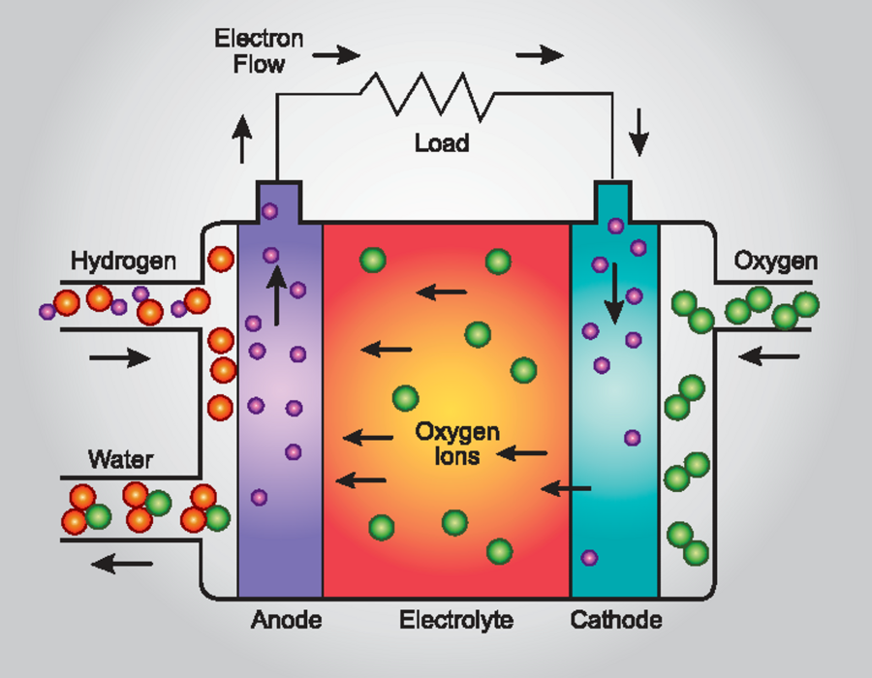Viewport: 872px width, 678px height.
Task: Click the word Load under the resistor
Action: click(x=442, y=143)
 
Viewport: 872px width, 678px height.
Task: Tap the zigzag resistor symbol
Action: click(x=426, y=94)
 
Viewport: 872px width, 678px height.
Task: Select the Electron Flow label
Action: click(x=259, y=52)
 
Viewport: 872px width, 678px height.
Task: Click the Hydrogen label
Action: click(x=123, y=262)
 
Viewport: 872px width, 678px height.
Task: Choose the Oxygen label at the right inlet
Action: click(x=775, y=262)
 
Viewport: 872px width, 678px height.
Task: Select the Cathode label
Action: click(x=616, y=620)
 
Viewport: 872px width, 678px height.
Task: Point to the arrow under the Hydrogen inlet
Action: click(x=119, y=358)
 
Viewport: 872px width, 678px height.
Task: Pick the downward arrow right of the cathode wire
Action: click(x=638, y=135)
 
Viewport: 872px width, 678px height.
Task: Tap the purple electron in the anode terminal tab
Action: click(x=269, y=210)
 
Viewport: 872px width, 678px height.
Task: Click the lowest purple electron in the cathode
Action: click(x=588, y=558)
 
